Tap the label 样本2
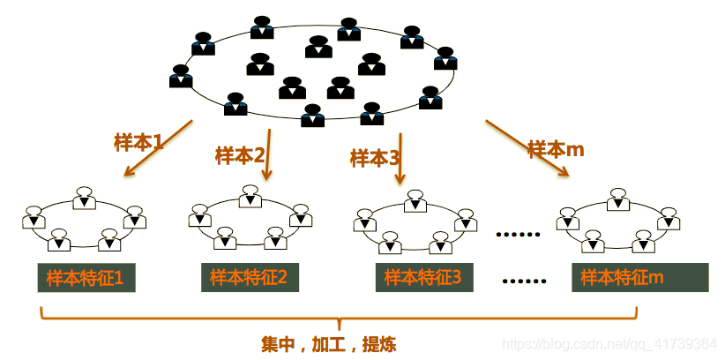240,156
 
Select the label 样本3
375,158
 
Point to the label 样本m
557,149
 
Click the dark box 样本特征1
85,279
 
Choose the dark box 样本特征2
250,278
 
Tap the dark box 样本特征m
640,278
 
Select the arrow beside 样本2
267,155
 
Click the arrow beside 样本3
400,159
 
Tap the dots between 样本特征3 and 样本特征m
525,281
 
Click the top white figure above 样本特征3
415,201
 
